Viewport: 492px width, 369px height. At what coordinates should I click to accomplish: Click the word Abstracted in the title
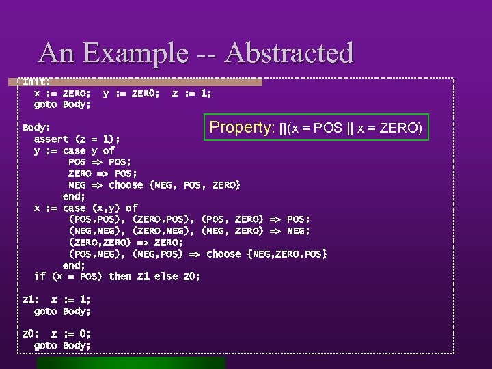point(290,53)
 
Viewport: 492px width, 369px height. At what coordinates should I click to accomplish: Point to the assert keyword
point(53,139)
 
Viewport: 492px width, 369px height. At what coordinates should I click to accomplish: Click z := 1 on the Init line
point(191,94)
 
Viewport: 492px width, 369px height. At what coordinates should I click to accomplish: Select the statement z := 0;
point(71,334)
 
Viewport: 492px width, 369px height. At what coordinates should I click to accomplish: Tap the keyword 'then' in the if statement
point(120,277)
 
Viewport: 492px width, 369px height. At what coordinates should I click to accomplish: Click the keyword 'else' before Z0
point(166,277)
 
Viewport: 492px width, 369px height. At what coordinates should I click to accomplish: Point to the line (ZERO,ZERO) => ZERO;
point(126,243)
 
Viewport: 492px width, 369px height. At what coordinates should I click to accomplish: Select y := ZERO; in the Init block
point(131,94)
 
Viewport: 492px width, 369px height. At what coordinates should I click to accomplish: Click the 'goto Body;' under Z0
point(62,346)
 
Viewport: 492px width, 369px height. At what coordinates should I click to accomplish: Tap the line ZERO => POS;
point(102,174)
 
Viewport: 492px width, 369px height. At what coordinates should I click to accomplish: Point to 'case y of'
point(89,151)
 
